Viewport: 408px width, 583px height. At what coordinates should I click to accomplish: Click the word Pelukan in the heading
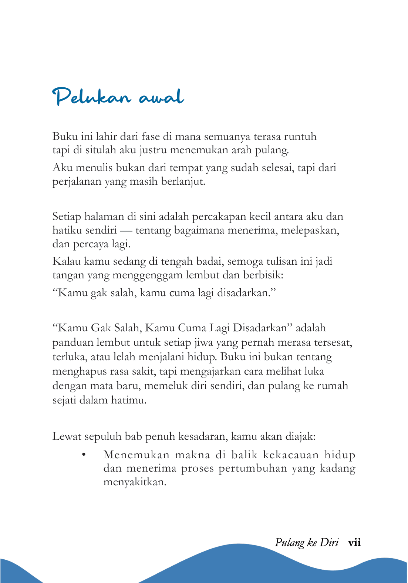[92, 97]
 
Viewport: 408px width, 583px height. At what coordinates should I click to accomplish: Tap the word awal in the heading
[161, 97]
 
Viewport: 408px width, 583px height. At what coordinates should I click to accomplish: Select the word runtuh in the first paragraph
[300, 137]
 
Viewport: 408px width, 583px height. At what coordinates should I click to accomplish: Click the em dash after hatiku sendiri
[126, 231]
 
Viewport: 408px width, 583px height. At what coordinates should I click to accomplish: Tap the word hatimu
[129, 400]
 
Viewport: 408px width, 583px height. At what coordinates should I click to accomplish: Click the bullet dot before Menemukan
[84, 455]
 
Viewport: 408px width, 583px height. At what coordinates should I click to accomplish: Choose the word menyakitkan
[135, 482]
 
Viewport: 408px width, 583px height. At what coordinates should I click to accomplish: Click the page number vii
[354, 543]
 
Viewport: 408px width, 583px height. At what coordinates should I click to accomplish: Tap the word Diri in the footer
[329, 543]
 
